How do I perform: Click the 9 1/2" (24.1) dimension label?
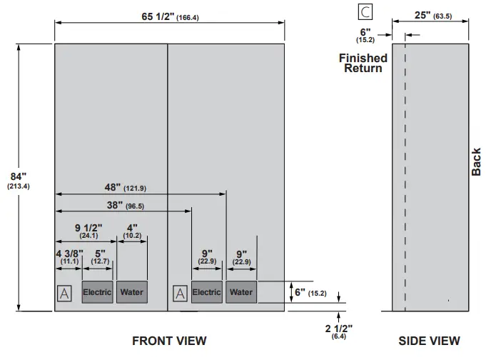[x=86, y=231]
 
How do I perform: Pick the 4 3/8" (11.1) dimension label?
[x=69, y=256]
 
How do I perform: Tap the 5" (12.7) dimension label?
[x=99, y=256]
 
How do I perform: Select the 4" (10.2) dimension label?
[x=132, y=231]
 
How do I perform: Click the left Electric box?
[x=97, y=292]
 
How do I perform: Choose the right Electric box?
[x=207, y=292]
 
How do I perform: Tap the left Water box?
[x=131, y=292]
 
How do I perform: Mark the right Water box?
[x=241, y=292]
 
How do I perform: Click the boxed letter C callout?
[x=365, y=11]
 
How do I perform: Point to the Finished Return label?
[x=363, y=63]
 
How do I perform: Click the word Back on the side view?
[x=477, y=161]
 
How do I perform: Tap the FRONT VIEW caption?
[x=169, y=341]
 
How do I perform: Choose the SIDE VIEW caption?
[x=430, y=341]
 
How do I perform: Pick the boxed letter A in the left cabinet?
[x=64, y=293]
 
